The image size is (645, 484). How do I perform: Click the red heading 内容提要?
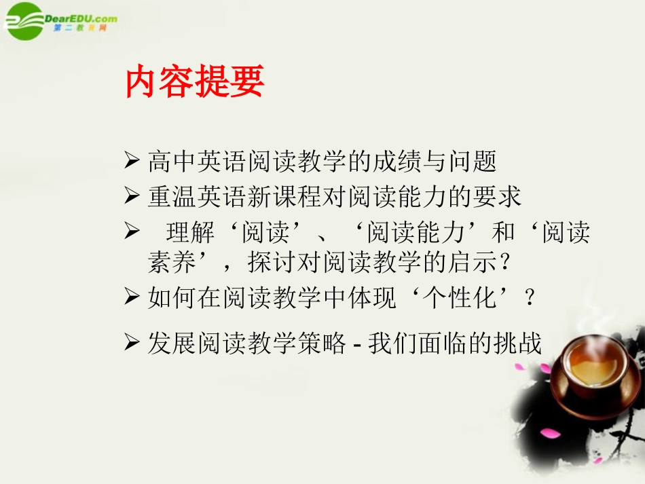195,82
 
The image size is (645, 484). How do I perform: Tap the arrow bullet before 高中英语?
132,161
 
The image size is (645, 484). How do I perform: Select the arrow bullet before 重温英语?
132,196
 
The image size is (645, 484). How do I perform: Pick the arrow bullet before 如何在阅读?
132,297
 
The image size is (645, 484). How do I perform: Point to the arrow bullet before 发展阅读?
132,343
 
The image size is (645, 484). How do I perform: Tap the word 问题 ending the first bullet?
473,162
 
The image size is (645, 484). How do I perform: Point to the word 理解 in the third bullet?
191,233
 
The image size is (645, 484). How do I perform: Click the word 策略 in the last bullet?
321,343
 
